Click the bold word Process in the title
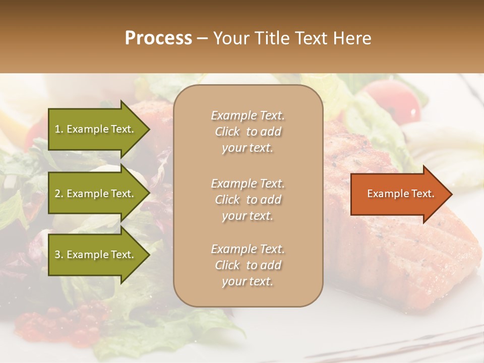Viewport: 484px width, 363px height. pyautogui.click(x=158, y=38)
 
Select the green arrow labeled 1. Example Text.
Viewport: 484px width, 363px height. pyautogui.click(x=96, y=129)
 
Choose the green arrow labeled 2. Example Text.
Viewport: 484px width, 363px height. pyautogui.click(x=96, y=194)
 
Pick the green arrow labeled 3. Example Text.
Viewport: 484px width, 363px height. pyautogui.click(x=96, y=255)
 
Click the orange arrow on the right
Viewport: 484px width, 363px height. pyautogui.click(x=398, y=194)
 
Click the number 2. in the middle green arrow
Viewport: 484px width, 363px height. pyautogui.click(x=59, y=194)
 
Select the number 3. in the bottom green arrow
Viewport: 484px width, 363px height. pyautogui.click(x=59, y=255)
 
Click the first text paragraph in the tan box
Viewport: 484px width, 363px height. pyautogui.click(x=248, y=132)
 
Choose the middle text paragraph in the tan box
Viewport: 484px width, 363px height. pyautogui.click(x=248, y=200)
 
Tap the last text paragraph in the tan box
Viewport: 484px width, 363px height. pyautogui.click(x=248, y=265)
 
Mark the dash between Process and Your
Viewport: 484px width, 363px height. pyautogui.click(x=202, y=38)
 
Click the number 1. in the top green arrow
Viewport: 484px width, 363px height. pyautogui.click(x=58, y=129)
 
